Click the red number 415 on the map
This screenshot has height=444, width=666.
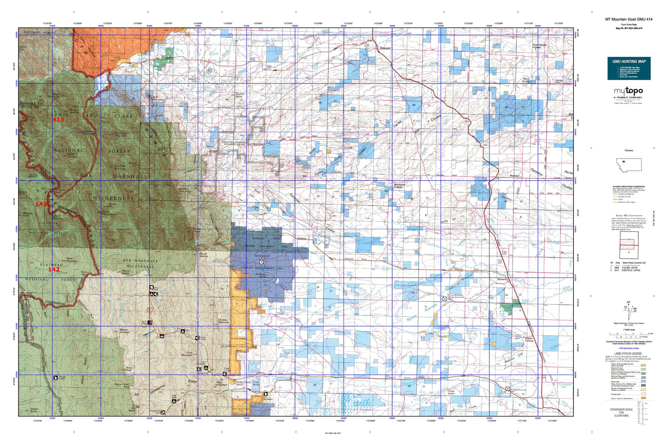pyautogui.click(x=58, y=119)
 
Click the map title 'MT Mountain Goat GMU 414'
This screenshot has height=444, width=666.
pyautogui.click(x=629, y=19)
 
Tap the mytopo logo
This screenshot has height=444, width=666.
pyautogui.click(x=628, y=91)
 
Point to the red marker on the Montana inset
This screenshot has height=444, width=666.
pyautogui.click(x=623, y=162)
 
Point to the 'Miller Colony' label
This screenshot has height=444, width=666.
pyautogui.click(x=529, y=339)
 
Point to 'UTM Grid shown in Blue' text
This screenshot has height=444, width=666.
pyautogui.click(x=629, y=348)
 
